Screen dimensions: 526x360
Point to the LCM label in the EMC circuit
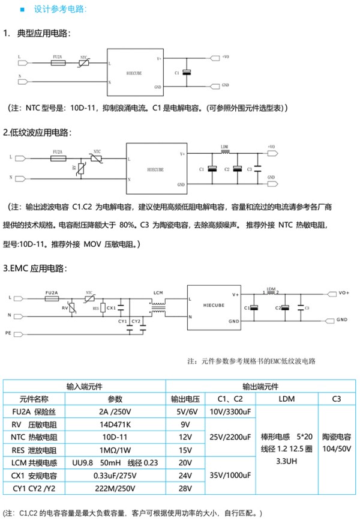coord(158,292)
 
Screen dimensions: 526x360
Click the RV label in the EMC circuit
coord(65,307)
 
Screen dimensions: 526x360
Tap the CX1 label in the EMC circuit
coord(111,308)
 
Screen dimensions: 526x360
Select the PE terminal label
coord(8,332)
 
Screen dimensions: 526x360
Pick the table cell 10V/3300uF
coord(226,412)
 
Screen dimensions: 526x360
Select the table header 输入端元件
coord(84,386)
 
